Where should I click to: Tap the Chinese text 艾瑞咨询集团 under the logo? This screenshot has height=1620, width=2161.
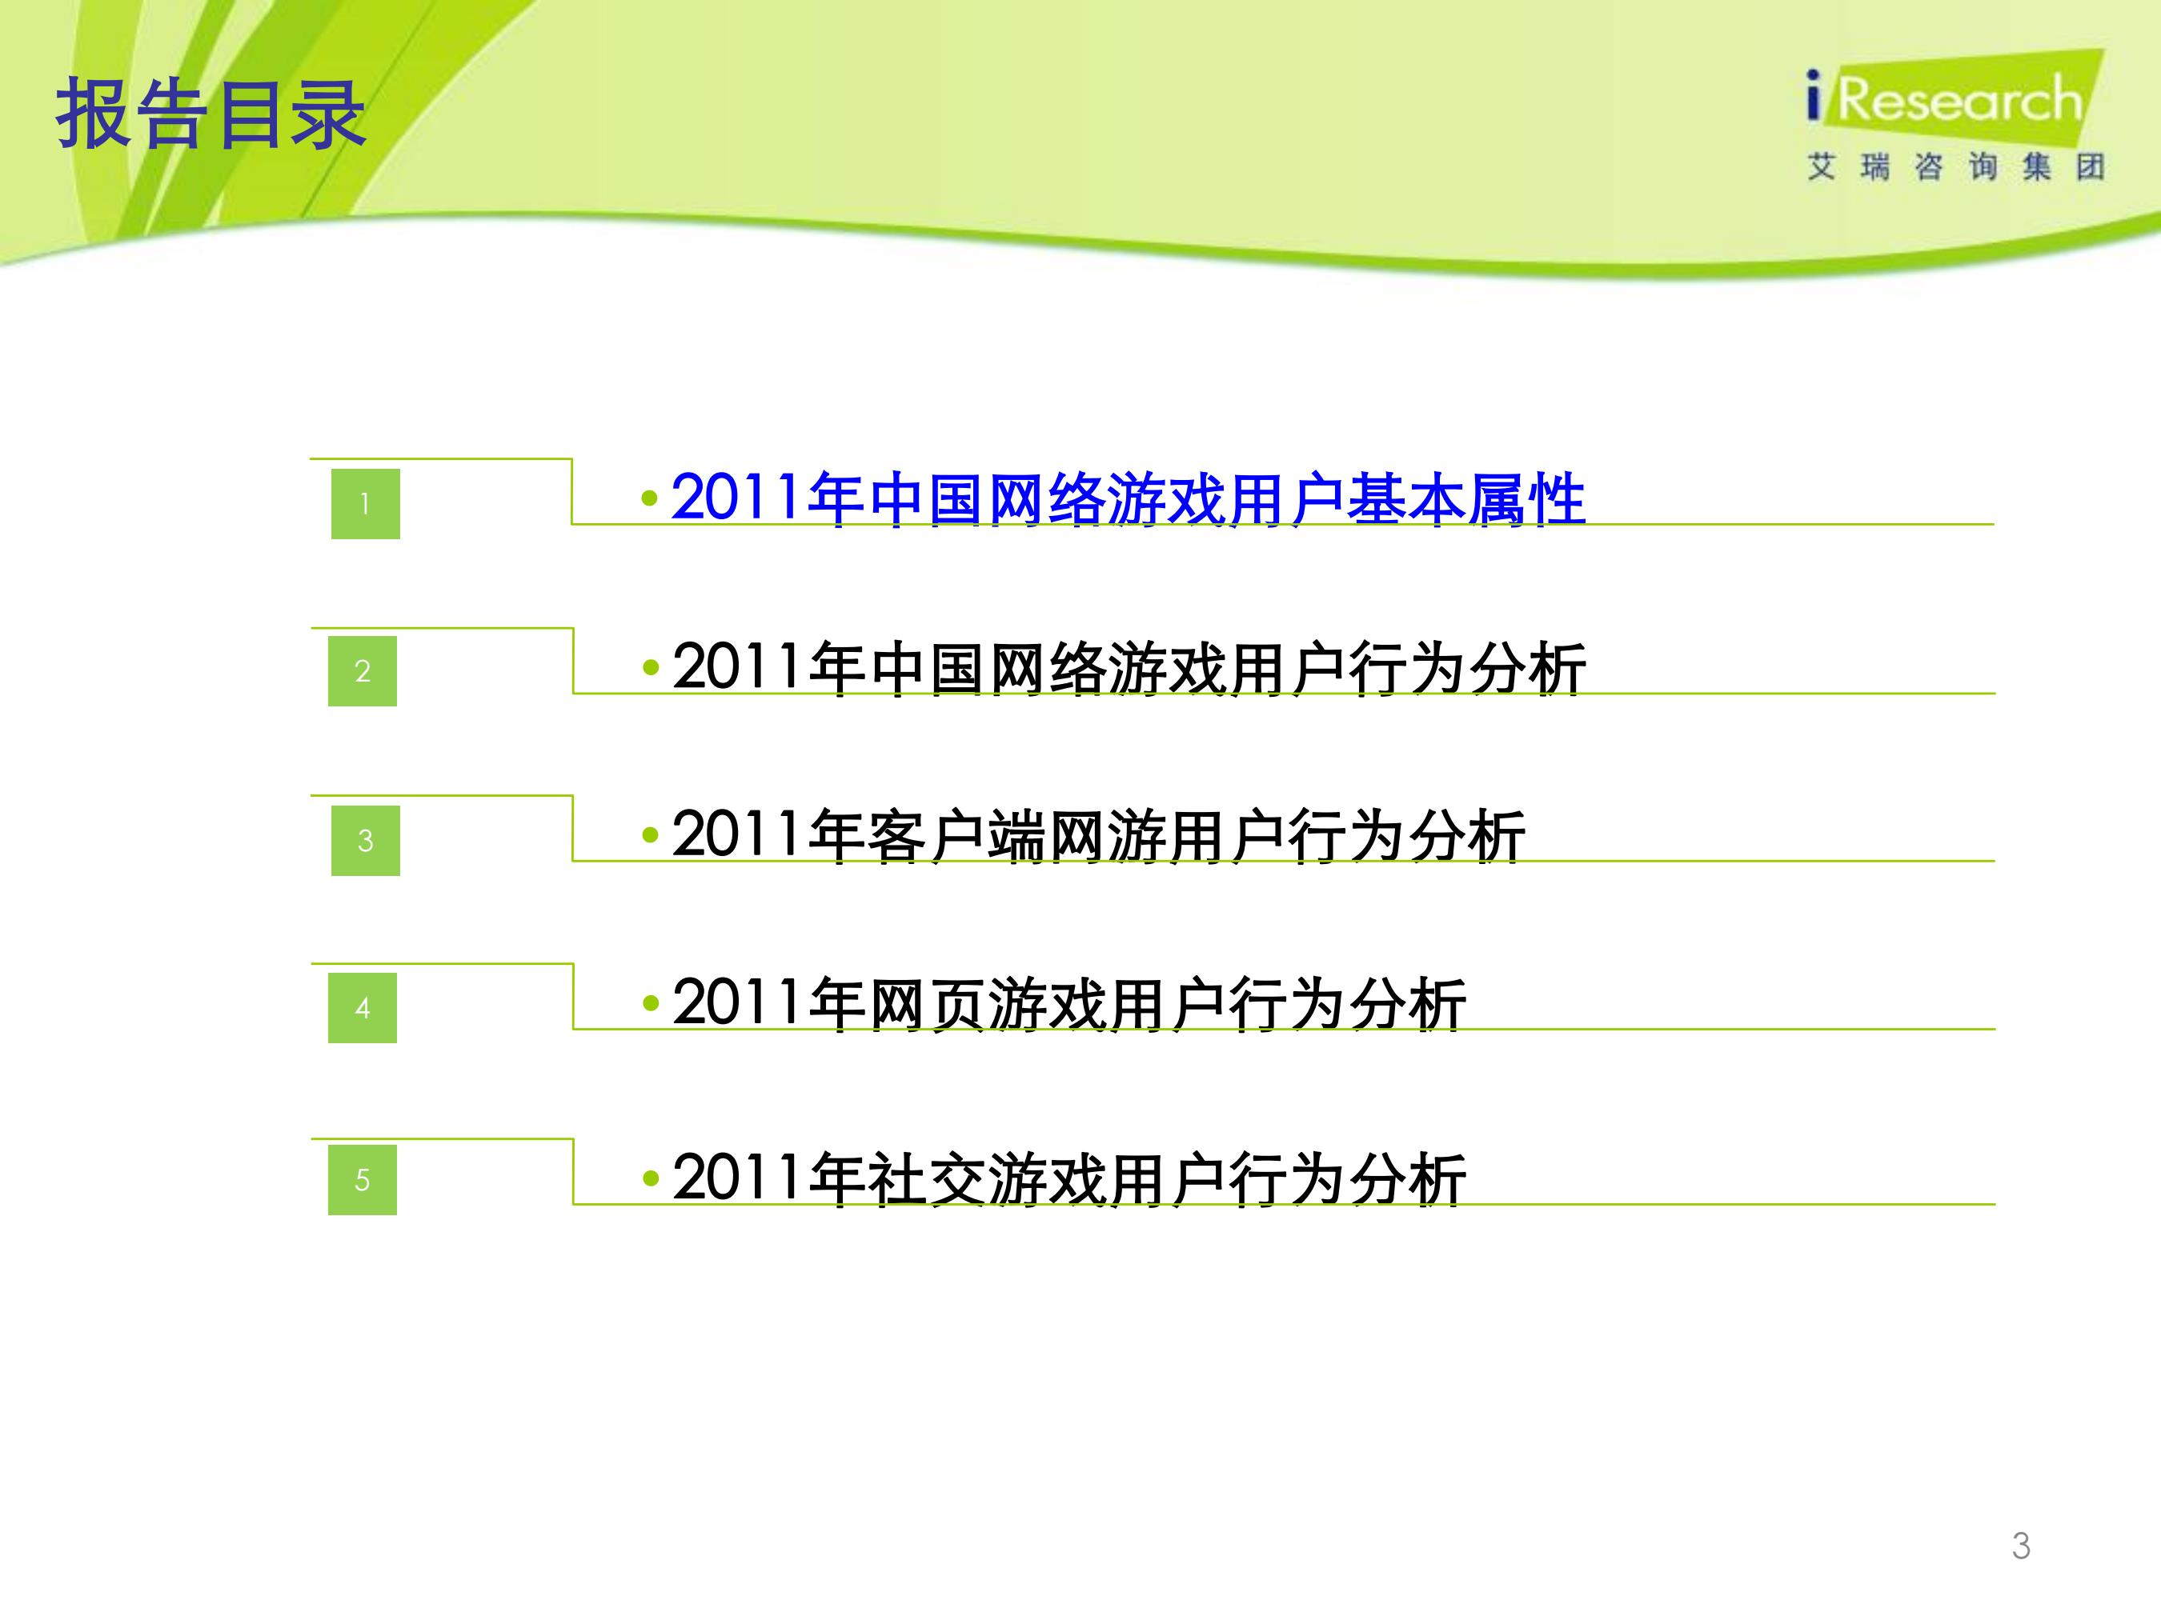1956,167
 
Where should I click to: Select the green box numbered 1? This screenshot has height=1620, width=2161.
366,504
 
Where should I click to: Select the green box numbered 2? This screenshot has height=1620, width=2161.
363,671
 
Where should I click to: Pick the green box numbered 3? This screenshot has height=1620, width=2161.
366,841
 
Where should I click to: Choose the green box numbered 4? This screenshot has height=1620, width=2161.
363,1008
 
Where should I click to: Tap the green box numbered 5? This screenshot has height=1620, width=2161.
363,1180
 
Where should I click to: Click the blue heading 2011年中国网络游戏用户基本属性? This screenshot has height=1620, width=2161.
1129,499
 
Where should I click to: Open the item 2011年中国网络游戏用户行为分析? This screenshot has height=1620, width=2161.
1129,668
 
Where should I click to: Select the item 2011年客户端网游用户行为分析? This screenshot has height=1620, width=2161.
1099,836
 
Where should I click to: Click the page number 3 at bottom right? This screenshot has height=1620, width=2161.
2021,1546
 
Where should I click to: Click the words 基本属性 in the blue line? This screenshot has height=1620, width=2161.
1466,499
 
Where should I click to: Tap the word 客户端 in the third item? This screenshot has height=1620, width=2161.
956,836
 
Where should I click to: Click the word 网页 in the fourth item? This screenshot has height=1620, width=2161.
926,1004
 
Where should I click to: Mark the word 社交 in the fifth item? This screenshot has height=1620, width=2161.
926,1178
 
